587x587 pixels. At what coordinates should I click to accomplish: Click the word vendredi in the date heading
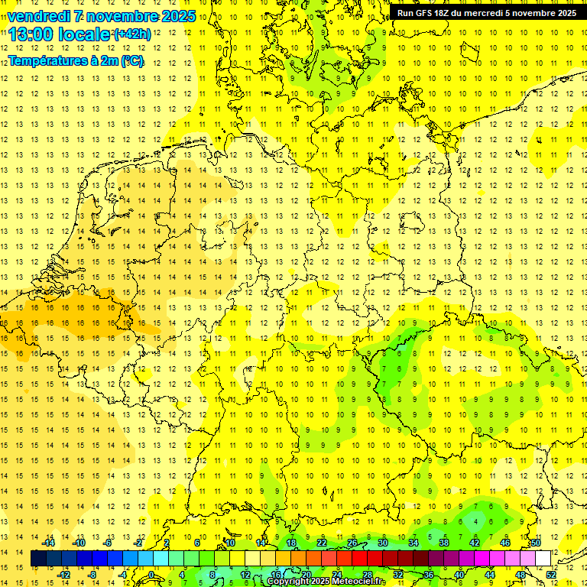point(39,16)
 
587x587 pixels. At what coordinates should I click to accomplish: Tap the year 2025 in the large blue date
point(176,16)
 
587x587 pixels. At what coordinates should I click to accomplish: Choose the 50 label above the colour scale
point(536,543)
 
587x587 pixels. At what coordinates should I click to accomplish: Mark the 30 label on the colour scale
point(383,543)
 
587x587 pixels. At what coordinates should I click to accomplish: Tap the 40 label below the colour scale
point(459,574)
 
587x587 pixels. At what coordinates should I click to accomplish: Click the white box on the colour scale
point(543,558)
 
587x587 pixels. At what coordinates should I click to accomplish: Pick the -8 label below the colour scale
point(92,574)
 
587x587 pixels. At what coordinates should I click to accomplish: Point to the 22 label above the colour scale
point(322,543)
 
